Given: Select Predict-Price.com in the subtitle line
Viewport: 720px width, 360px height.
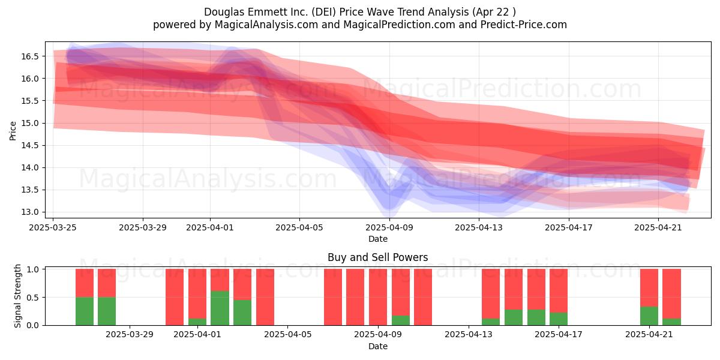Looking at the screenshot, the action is (524, 25).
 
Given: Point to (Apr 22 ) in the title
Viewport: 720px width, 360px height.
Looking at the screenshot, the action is (494, 12).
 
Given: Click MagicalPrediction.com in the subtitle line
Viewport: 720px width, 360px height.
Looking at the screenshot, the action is (399, 25).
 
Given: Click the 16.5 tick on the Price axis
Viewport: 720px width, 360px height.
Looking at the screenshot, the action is (30, 56).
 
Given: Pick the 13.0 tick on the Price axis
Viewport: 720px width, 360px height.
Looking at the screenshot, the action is (30, 212).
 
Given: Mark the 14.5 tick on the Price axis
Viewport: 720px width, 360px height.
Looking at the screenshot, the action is (30, 145).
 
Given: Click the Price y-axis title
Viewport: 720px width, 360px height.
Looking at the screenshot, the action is (13, 131).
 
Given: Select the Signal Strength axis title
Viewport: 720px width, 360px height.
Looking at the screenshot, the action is (17, 296).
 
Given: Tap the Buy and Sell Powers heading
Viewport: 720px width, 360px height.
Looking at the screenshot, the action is (377, 257).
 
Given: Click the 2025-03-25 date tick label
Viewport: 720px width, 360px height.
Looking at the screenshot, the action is (53, 227).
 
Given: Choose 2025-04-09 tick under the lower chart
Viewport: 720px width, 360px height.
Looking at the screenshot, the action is (378, 335).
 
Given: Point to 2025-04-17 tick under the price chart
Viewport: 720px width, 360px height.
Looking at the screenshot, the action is (569, 227).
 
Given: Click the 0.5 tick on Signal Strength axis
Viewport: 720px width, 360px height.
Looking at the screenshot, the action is (32, 298).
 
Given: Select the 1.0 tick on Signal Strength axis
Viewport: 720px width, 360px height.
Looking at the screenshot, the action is (32, 269).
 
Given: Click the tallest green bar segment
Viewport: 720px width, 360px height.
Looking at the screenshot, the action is (220, 308).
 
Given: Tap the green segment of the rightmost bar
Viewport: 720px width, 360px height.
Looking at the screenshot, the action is (672, 322).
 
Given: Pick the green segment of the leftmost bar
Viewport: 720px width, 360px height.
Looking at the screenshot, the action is (85, 311).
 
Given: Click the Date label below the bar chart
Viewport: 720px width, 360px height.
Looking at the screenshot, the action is (377, 346).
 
